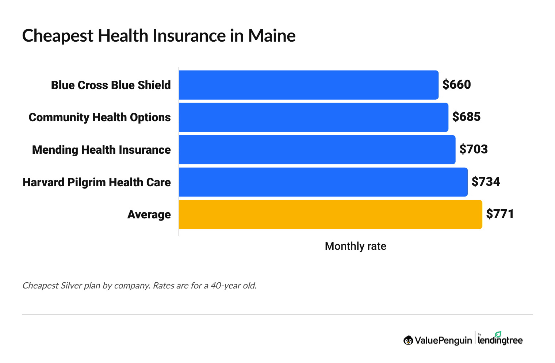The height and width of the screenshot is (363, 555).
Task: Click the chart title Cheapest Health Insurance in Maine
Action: (x=159, y=36)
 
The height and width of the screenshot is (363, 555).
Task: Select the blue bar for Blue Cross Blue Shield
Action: (x=309, y=85)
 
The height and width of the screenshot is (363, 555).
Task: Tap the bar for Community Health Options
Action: (x=313, y=117)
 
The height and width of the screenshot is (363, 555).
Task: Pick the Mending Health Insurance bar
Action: (x=317, y=150)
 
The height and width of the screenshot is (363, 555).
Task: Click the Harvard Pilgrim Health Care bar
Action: (x=323, y=182)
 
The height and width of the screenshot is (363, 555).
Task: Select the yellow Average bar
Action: (x=330, y=214)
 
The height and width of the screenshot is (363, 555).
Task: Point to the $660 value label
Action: (x=456, y=85)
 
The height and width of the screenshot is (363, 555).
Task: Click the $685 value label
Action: (x=466, y=117)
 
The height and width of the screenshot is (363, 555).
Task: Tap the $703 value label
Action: (x=474, y=149)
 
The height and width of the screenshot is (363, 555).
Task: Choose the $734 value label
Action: (x=486, y=181)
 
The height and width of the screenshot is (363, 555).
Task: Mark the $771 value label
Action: (x=500, y=214)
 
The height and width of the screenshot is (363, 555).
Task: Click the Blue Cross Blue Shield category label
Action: (x=111, y=85)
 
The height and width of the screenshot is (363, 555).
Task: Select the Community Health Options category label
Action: (x=100, y=117)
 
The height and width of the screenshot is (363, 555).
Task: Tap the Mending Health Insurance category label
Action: (x=101, y=150)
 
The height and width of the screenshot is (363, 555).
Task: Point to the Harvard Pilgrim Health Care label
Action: (x=96, y=182)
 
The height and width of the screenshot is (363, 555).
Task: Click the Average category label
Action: (x=149, y=214)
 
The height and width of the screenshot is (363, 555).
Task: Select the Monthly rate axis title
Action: (x=355, y=246)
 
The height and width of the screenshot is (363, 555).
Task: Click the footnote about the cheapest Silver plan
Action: (x=139, y=285)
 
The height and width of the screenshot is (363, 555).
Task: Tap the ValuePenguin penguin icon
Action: (x=408, y=340)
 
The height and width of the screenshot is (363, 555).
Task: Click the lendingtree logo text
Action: (x=500, y=340)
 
